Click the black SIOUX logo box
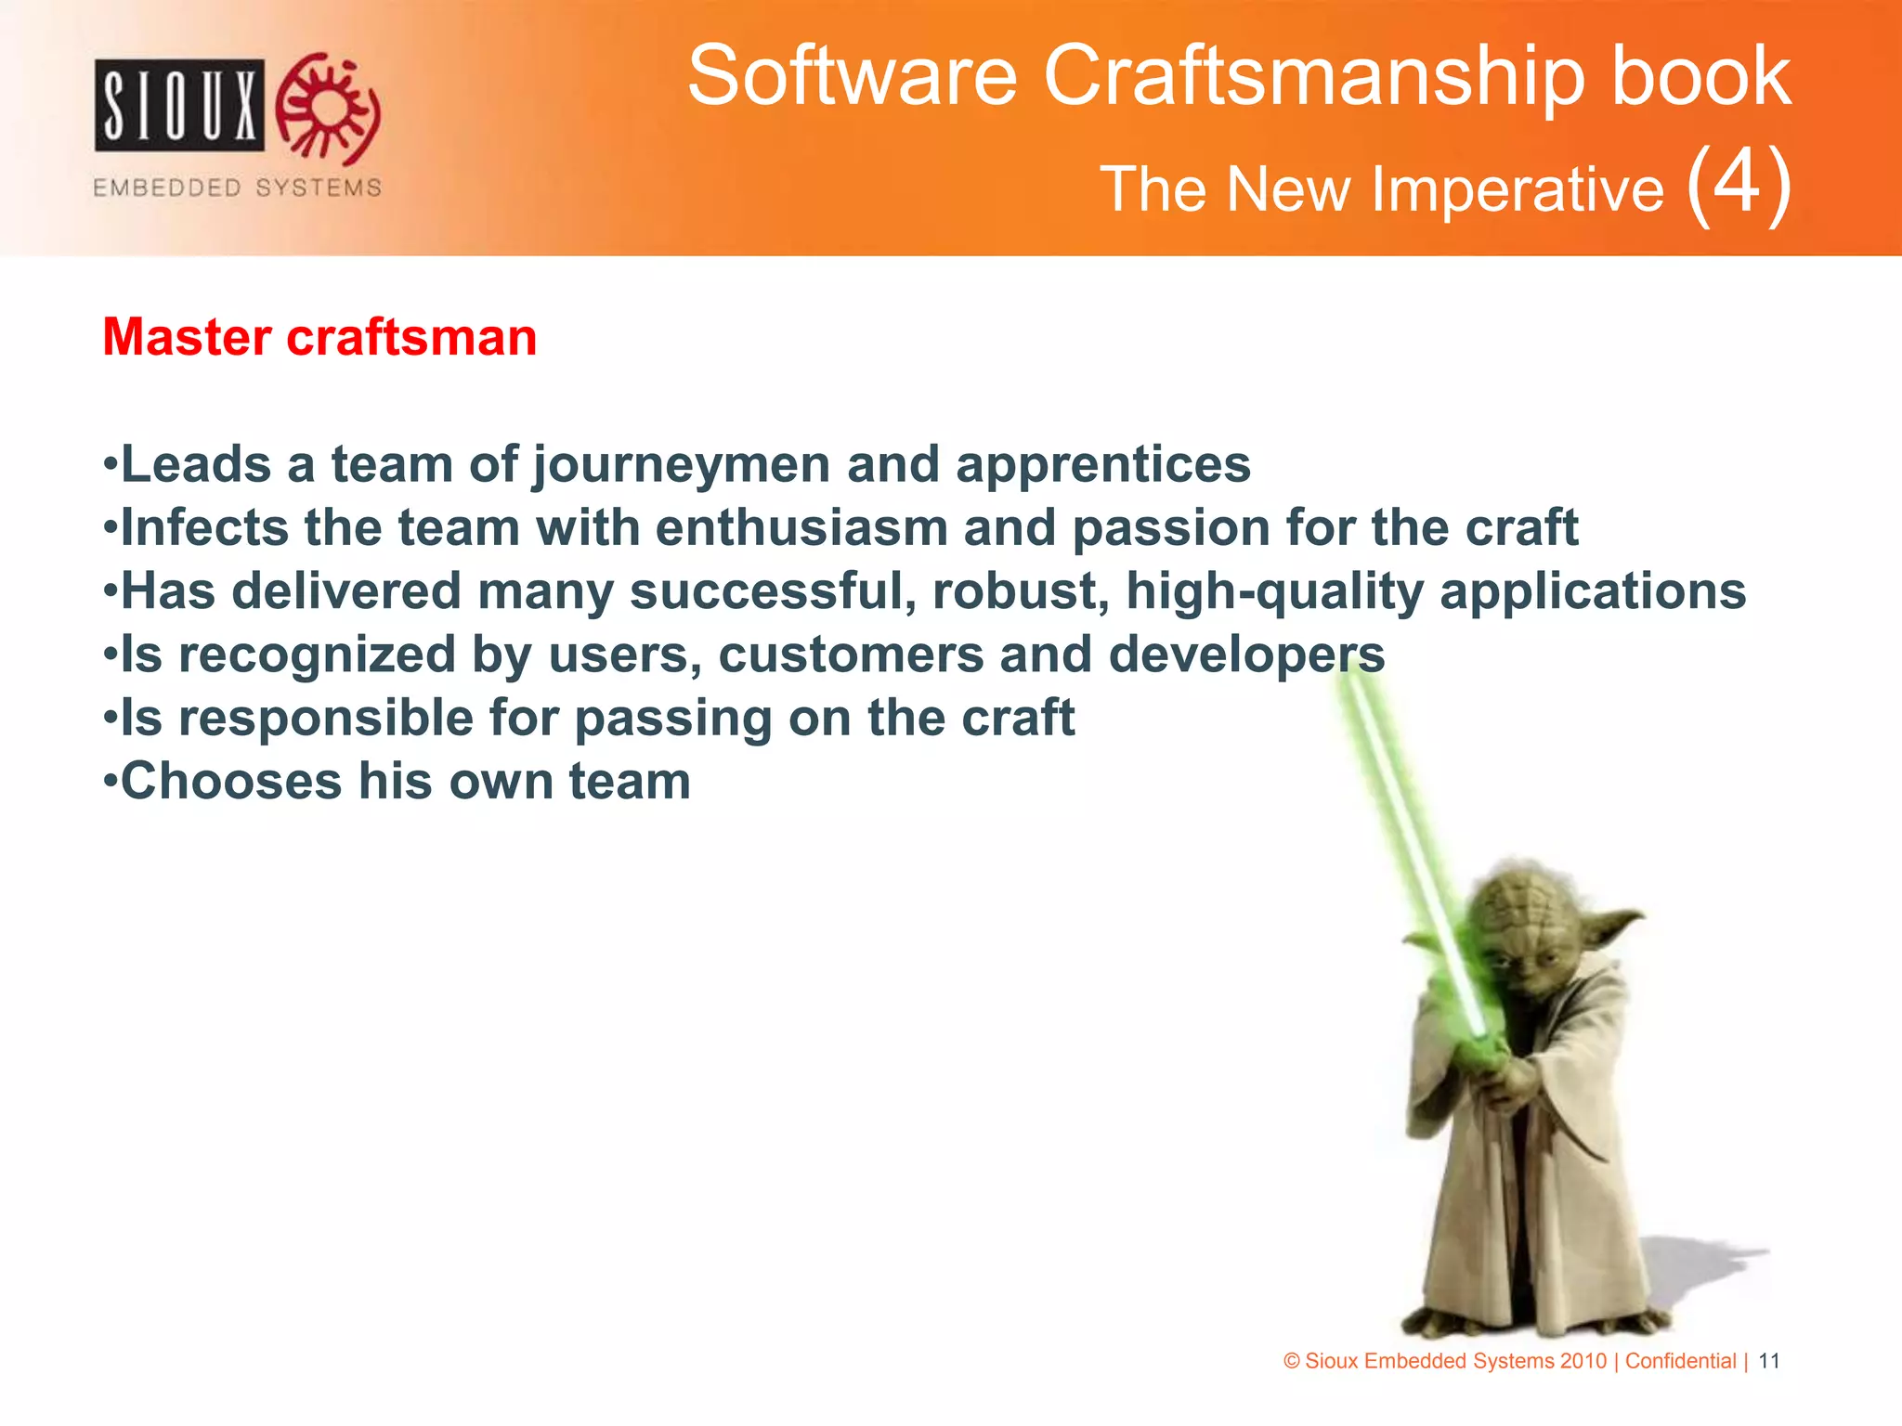click(179, 105)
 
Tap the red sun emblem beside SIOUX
click(330, 108)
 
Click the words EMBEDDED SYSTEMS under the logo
click(237, 188)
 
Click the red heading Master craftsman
click(319, 337)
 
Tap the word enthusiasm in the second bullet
click(801, 528)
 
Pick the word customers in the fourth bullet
click(851, 655)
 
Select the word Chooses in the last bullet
click(231, 782)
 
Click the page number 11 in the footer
click(1769, 1361)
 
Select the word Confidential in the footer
click(1680, 1361)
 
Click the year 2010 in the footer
click(1583, 1361)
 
